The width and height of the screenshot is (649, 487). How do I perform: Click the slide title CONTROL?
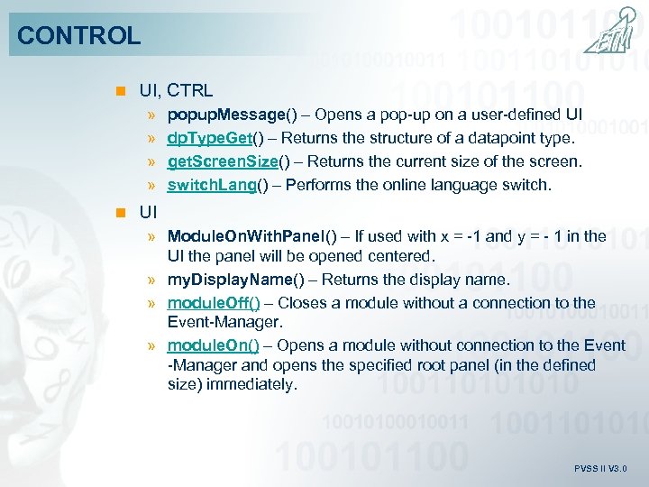click(79, 36)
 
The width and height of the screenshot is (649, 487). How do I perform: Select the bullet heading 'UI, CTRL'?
click(176, 90)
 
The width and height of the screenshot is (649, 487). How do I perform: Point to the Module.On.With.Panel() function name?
click(252, 236)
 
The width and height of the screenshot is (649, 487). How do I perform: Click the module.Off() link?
click(214, 303)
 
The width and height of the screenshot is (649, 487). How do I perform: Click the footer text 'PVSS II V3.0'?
click(600, 469)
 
